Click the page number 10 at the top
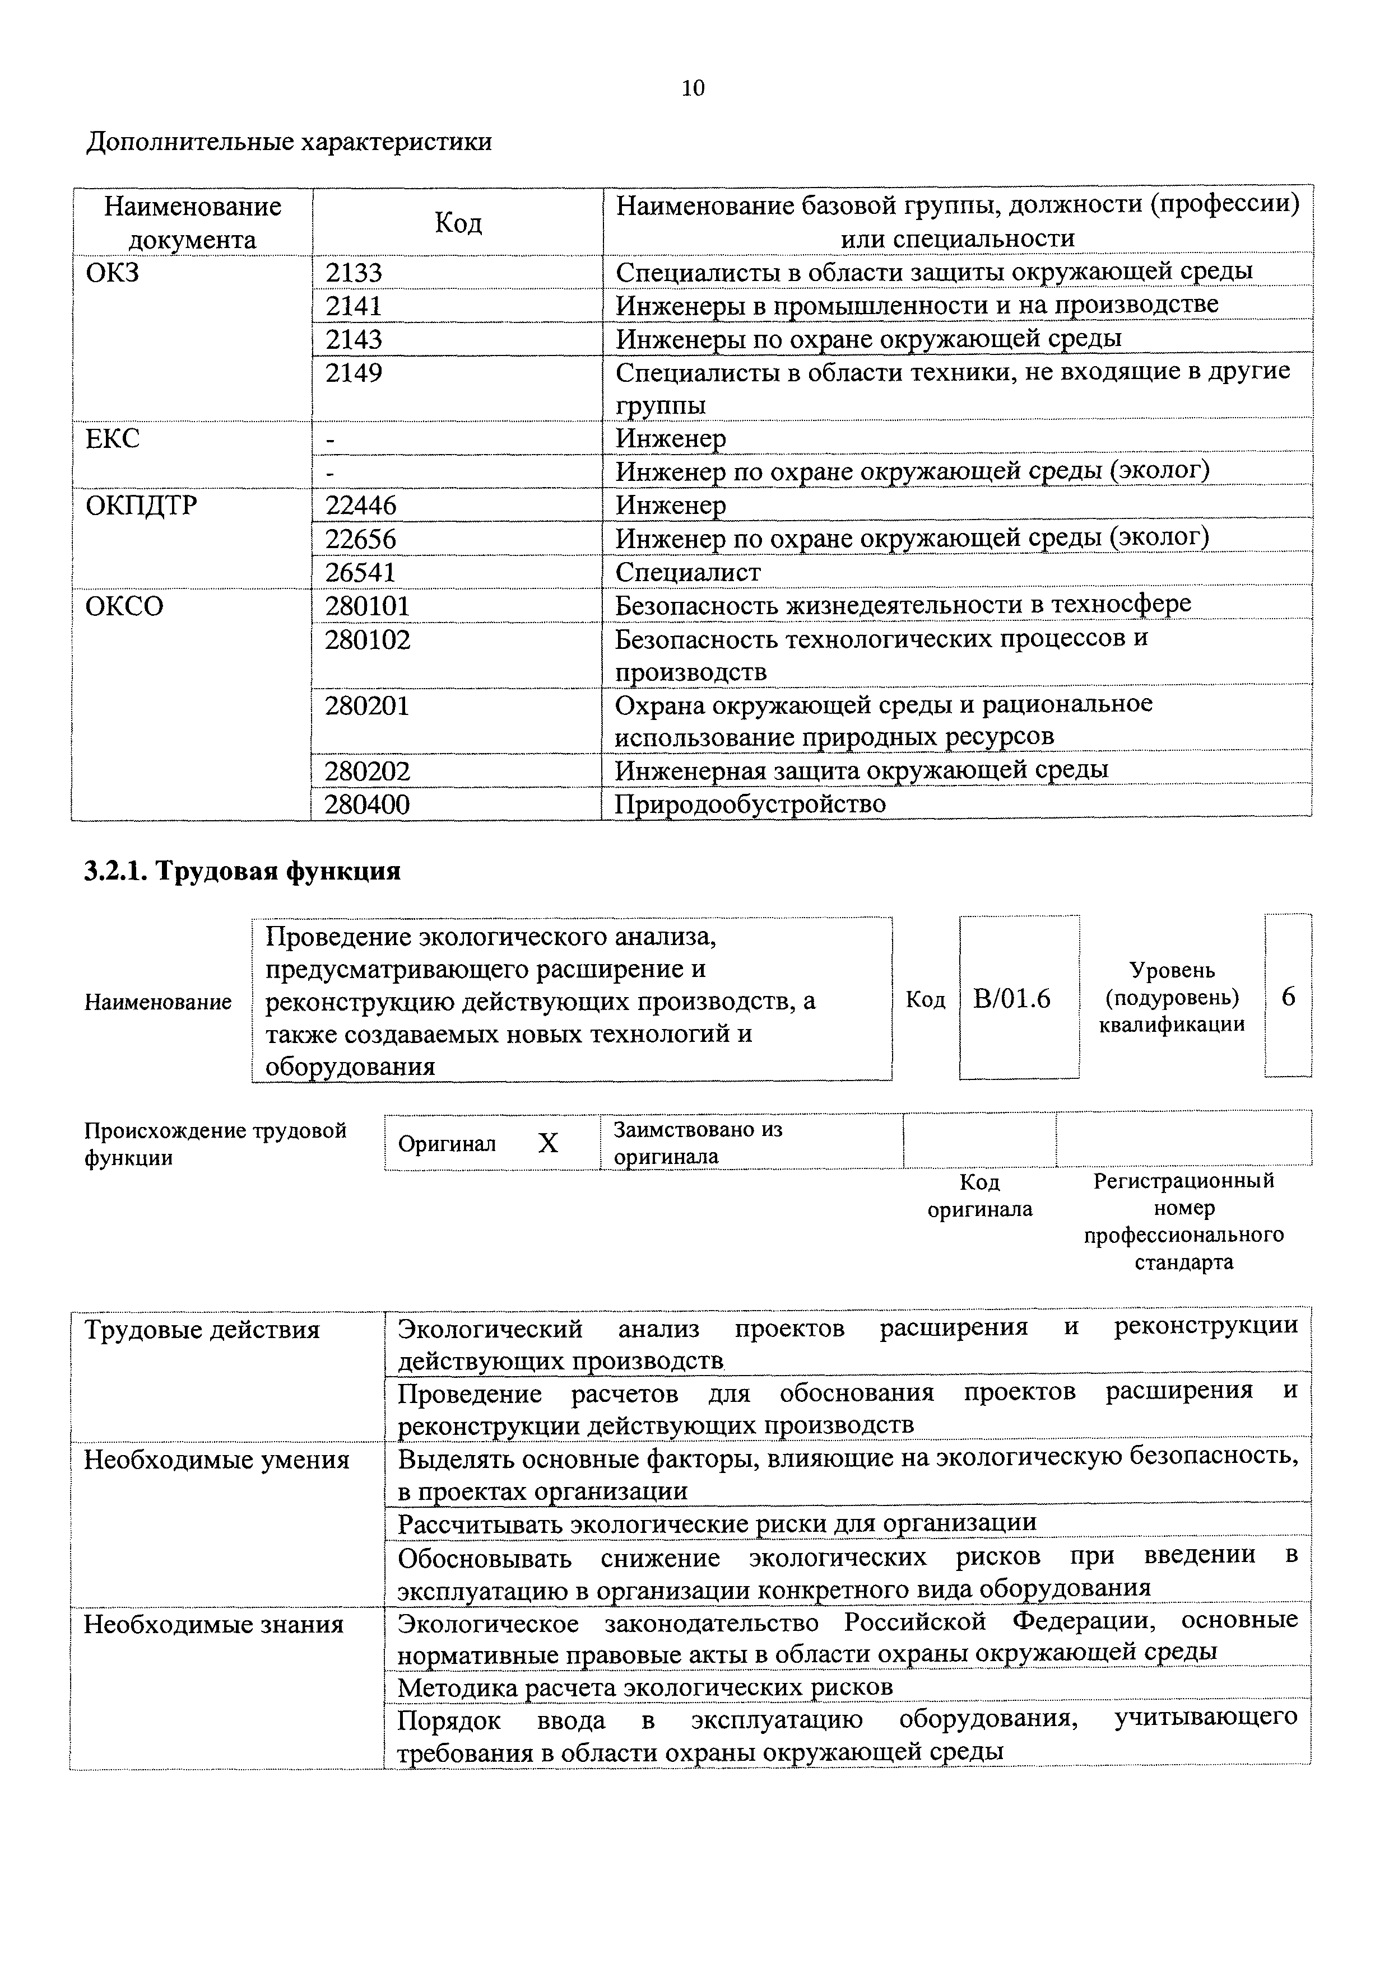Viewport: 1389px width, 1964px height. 693,88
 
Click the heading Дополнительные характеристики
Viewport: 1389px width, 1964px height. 289,141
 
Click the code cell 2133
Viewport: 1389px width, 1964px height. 354,273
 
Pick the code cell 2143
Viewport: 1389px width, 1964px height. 354,340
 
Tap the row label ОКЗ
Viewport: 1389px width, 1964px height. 112,273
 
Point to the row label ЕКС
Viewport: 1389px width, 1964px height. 112,439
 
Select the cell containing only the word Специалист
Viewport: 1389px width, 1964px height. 687,572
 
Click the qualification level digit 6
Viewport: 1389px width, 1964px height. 1288,997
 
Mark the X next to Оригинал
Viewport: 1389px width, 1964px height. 548,1144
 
